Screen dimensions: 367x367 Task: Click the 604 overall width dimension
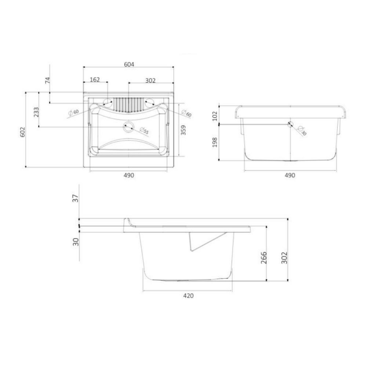(129, 65)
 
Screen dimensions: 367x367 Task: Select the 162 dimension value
(95, 80)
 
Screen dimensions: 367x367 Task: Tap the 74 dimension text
(47, 81)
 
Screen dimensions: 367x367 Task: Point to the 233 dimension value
(36, 112)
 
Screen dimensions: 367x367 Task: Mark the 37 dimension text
(76, 198)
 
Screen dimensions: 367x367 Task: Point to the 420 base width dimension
(189, 296)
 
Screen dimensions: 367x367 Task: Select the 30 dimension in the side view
(76, 241)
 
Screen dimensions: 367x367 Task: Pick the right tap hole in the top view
(150, 102)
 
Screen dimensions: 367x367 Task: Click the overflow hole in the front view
(289, 123)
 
